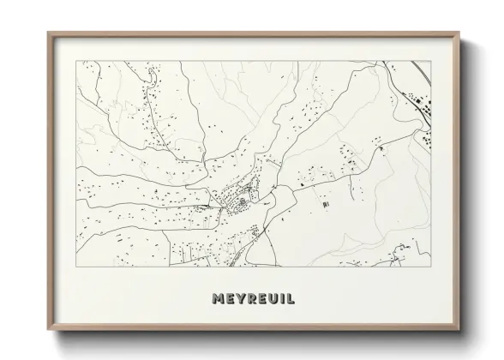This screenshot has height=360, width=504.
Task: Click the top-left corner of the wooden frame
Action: click(x=48, y=33)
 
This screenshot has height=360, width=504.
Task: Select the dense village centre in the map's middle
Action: click(x=241, y=199)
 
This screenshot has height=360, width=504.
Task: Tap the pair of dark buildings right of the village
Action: click(x=325, y=206)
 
